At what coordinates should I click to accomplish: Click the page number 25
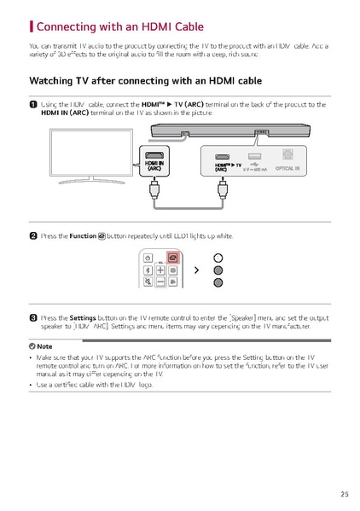coord(344,493)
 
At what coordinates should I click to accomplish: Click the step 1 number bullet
coord(33,104)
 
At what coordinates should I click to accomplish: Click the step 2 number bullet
coord(33,235)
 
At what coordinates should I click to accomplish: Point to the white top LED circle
coord(218,257)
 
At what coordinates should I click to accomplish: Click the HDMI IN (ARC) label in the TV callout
coord(154,165)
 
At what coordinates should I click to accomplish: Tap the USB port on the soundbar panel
coord(253,157)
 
